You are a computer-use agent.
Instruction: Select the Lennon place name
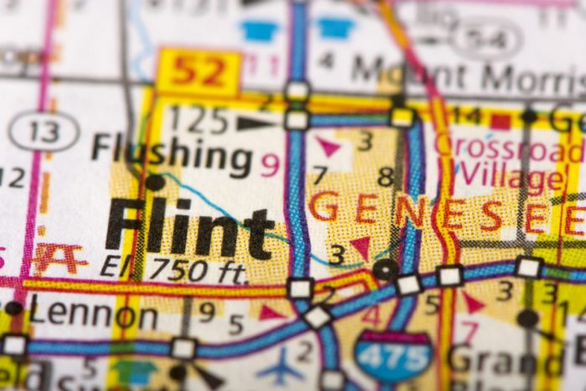(x=93, y=316)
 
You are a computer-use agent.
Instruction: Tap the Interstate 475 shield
(x=393, y=355)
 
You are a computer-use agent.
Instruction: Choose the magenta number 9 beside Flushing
(x=270, y=164)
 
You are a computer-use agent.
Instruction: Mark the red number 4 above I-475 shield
(x=369, y=316)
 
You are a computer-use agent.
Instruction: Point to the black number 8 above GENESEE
(x=385, y=177)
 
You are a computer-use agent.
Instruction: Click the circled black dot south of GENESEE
(x=385, y=269)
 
